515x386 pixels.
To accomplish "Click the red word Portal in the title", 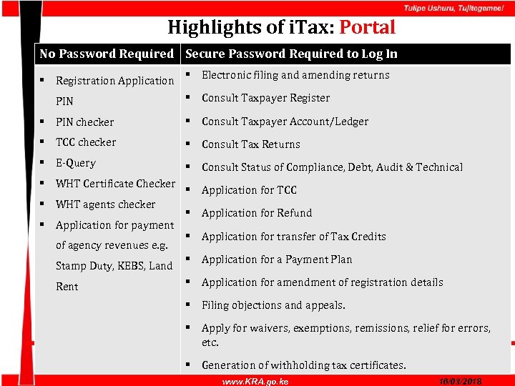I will coord(367,28).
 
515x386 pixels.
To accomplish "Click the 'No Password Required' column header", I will coord(107,54).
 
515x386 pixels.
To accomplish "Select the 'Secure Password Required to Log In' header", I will coord(291,54).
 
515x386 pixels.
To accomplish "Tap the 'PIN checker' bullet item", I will coord(84,122).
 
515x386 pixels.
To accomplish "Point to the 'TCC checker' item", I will coord(86,142).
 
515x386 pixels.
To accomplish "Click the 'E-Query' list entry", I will coord(75,163).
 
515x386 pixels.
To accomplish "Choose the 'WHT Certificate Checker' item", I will coord(115,184).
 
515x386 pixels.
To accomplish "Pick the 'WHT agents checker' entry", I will coord(105,204).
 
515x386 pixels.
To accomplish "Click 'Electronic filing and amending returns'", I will coord(295,75).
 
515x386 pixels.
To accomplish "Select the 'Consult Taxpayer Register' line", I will coord(265,98).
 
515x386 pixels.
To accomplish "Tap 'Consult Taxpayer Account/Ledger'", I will coord(285,122).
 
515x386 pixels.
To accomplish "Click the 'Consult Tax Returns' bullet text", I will coord(250,144).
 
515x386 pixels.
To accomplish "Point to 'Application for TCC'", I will coord(249,190).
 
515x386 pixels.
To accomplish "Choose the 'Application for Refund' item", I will coord(257,213).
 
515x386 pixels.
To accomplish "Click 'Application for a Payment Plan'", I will coord(277,259).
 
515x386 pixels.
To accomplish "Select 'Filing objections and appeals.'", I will coord(273,305).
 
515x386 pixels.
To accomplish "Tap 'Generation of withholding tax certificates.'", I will coord(303,365).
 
